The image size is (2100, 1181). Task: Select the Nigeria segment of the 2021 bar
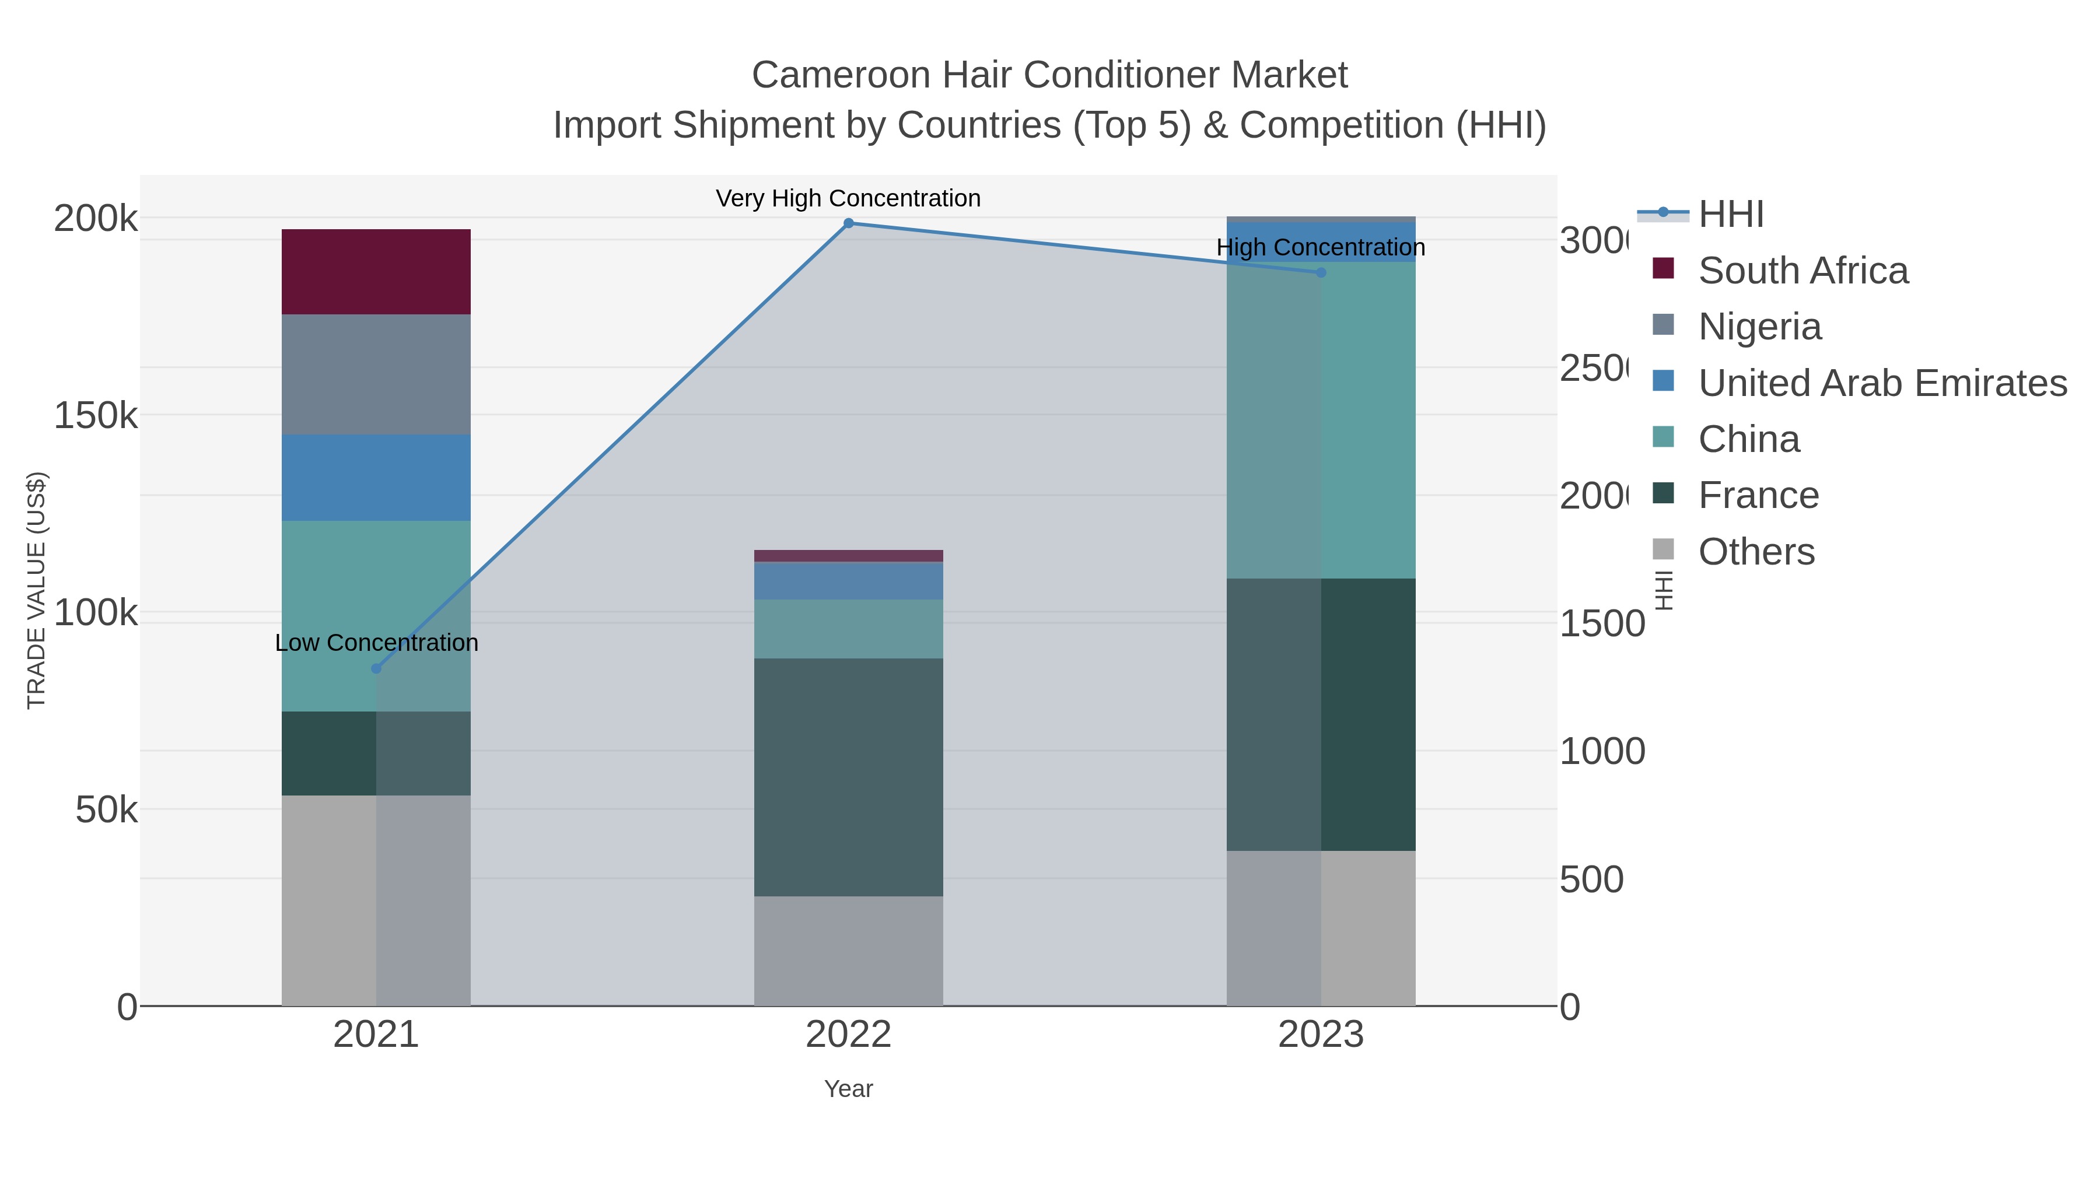[376, 374]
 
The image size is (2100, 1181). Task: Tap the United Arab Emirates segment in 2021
[376, 477]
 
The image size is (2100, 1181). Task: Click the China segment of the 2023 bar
[1321, 420]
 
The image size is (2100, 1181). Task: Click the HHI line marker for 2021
[376, 668]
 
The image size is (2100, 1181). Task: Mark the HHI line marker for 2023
[1321, 272]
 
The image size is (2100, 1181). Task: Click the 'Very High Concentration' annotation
[848, 198]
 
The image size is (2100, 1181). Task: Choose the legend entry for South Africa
[1803, 271]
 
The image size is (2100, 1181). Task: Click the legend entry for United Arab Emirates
[1881, 383]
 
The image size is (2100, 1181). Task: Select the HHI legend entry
[1731, 215]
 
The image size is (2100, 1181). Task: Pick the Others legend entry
[1756, 552]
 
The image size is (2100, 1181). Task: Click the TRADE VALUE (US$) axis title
[37, 590]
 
